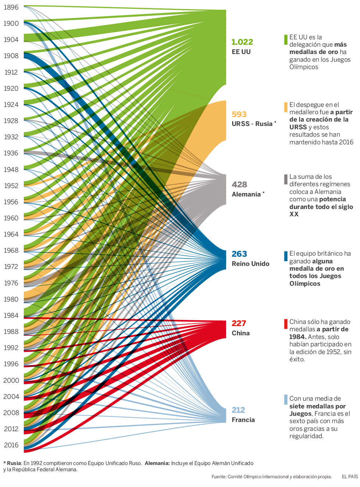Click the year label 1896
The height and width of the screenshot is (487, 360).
(x=11, y=7)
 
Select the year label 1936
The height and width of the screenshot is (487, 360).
(x=11, y=153)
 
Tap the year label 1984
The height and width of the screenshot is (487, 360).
(x=11, y=315)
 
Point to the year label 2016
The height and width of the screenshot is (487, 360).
(x=11, y=445)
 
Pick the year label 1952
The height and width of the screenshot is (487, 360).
(x=11, y=186)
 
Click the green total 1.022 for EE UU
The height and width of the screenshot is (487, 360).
(x=242, y=42)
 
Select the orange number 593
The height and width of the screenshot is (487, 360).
(x=239, y=115)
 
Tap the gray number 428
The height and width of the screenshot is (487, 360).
(x=240, y=185)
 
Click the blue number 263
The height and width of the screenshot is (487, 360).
(x=239, y=254)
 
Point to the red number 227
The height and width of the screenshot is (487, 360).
(x=239, y=324)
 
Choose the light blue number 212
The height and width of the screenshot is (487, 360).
(x=238, y=410)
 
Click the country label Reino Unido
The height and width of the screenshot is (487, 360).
(x=251, y=264)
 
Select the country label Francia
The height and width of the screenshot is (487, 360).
(x=243, y=420)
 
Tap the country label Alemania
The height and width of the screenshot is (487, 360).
(x=246, y=194)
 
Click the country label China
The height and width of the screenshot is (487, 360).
(x=241, y=333)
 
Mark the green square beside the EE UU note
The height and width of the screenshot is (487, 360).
(x=286, y=40)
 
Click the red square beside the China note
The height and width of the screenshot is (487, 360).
(x=286, y=324)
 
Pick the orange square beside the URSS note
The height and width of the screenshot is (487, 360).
(x=286, y=107)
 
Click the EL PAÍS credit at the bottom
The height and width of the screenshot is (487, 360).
(x=350, y=477)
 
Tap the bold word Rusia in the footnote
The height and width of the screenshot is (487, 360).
(x=14, y=463)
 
